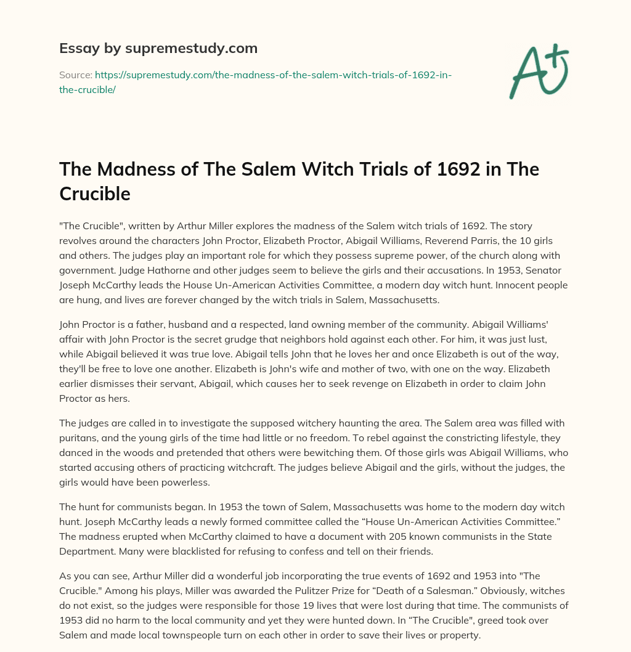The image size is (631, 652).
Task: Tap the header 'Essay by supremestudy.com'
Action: (158, 47)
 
